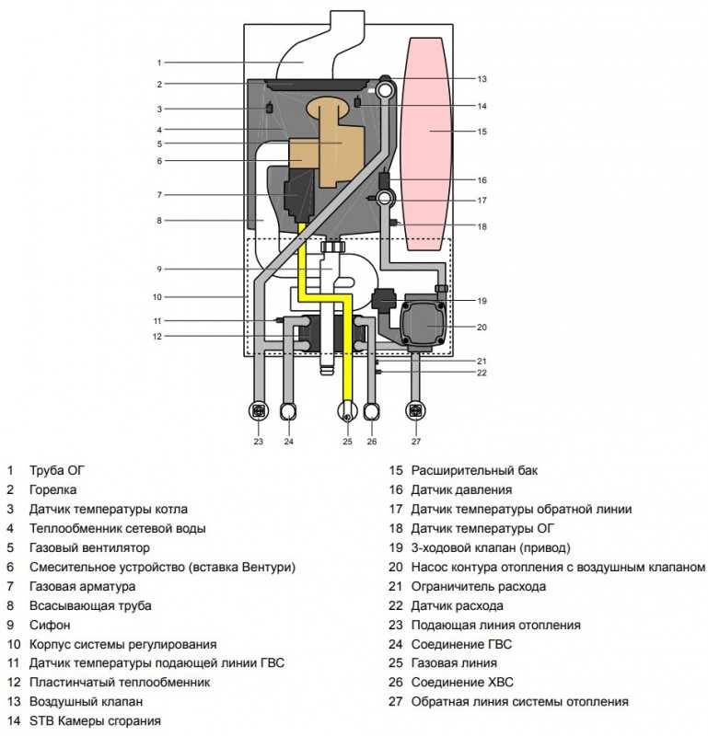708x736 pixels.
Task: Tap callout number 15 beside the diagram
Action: tap(482, 132)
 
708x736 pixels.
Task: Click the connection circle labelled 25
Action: tap(347, 412)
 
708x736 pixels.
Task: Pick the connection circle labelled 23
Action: tap(259, 411)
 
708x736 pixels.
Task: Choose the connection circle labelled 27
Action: tap(415, 411)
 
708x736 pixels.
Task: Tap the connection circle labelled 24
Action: tap(289, 411)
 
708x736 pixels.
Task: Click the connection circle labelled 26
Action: tap(371, 411)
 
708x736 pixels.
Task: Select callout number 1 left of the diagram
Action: tap(159, 63)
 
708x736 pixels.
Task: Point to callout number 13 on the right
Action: tap(482, 79)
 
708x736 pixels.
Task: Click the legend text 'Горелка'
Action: tap(53, 489)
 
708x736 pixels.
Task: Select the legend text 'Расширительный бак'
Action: tap(474, 470)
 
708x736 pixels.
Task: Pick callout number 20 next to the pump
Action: tap(482, 327)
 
